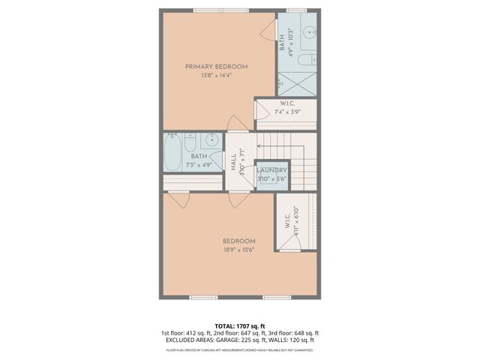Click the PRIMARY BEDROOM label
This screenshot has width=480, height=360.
click(x=216, y=67)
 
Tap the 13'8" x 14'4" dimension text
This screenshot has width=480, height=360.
click(x=216, y=76)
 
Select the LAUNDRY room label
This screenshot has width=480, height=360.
click(x=271, y=171)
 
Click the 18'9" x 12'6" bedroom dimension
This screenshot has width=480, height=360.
click(x=238, y=250)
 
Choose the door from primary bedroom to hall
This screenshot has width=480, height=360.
click(x=237, y=124)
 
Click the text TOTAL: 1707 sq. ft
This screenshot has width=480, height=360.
click(x=239, y=326)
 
